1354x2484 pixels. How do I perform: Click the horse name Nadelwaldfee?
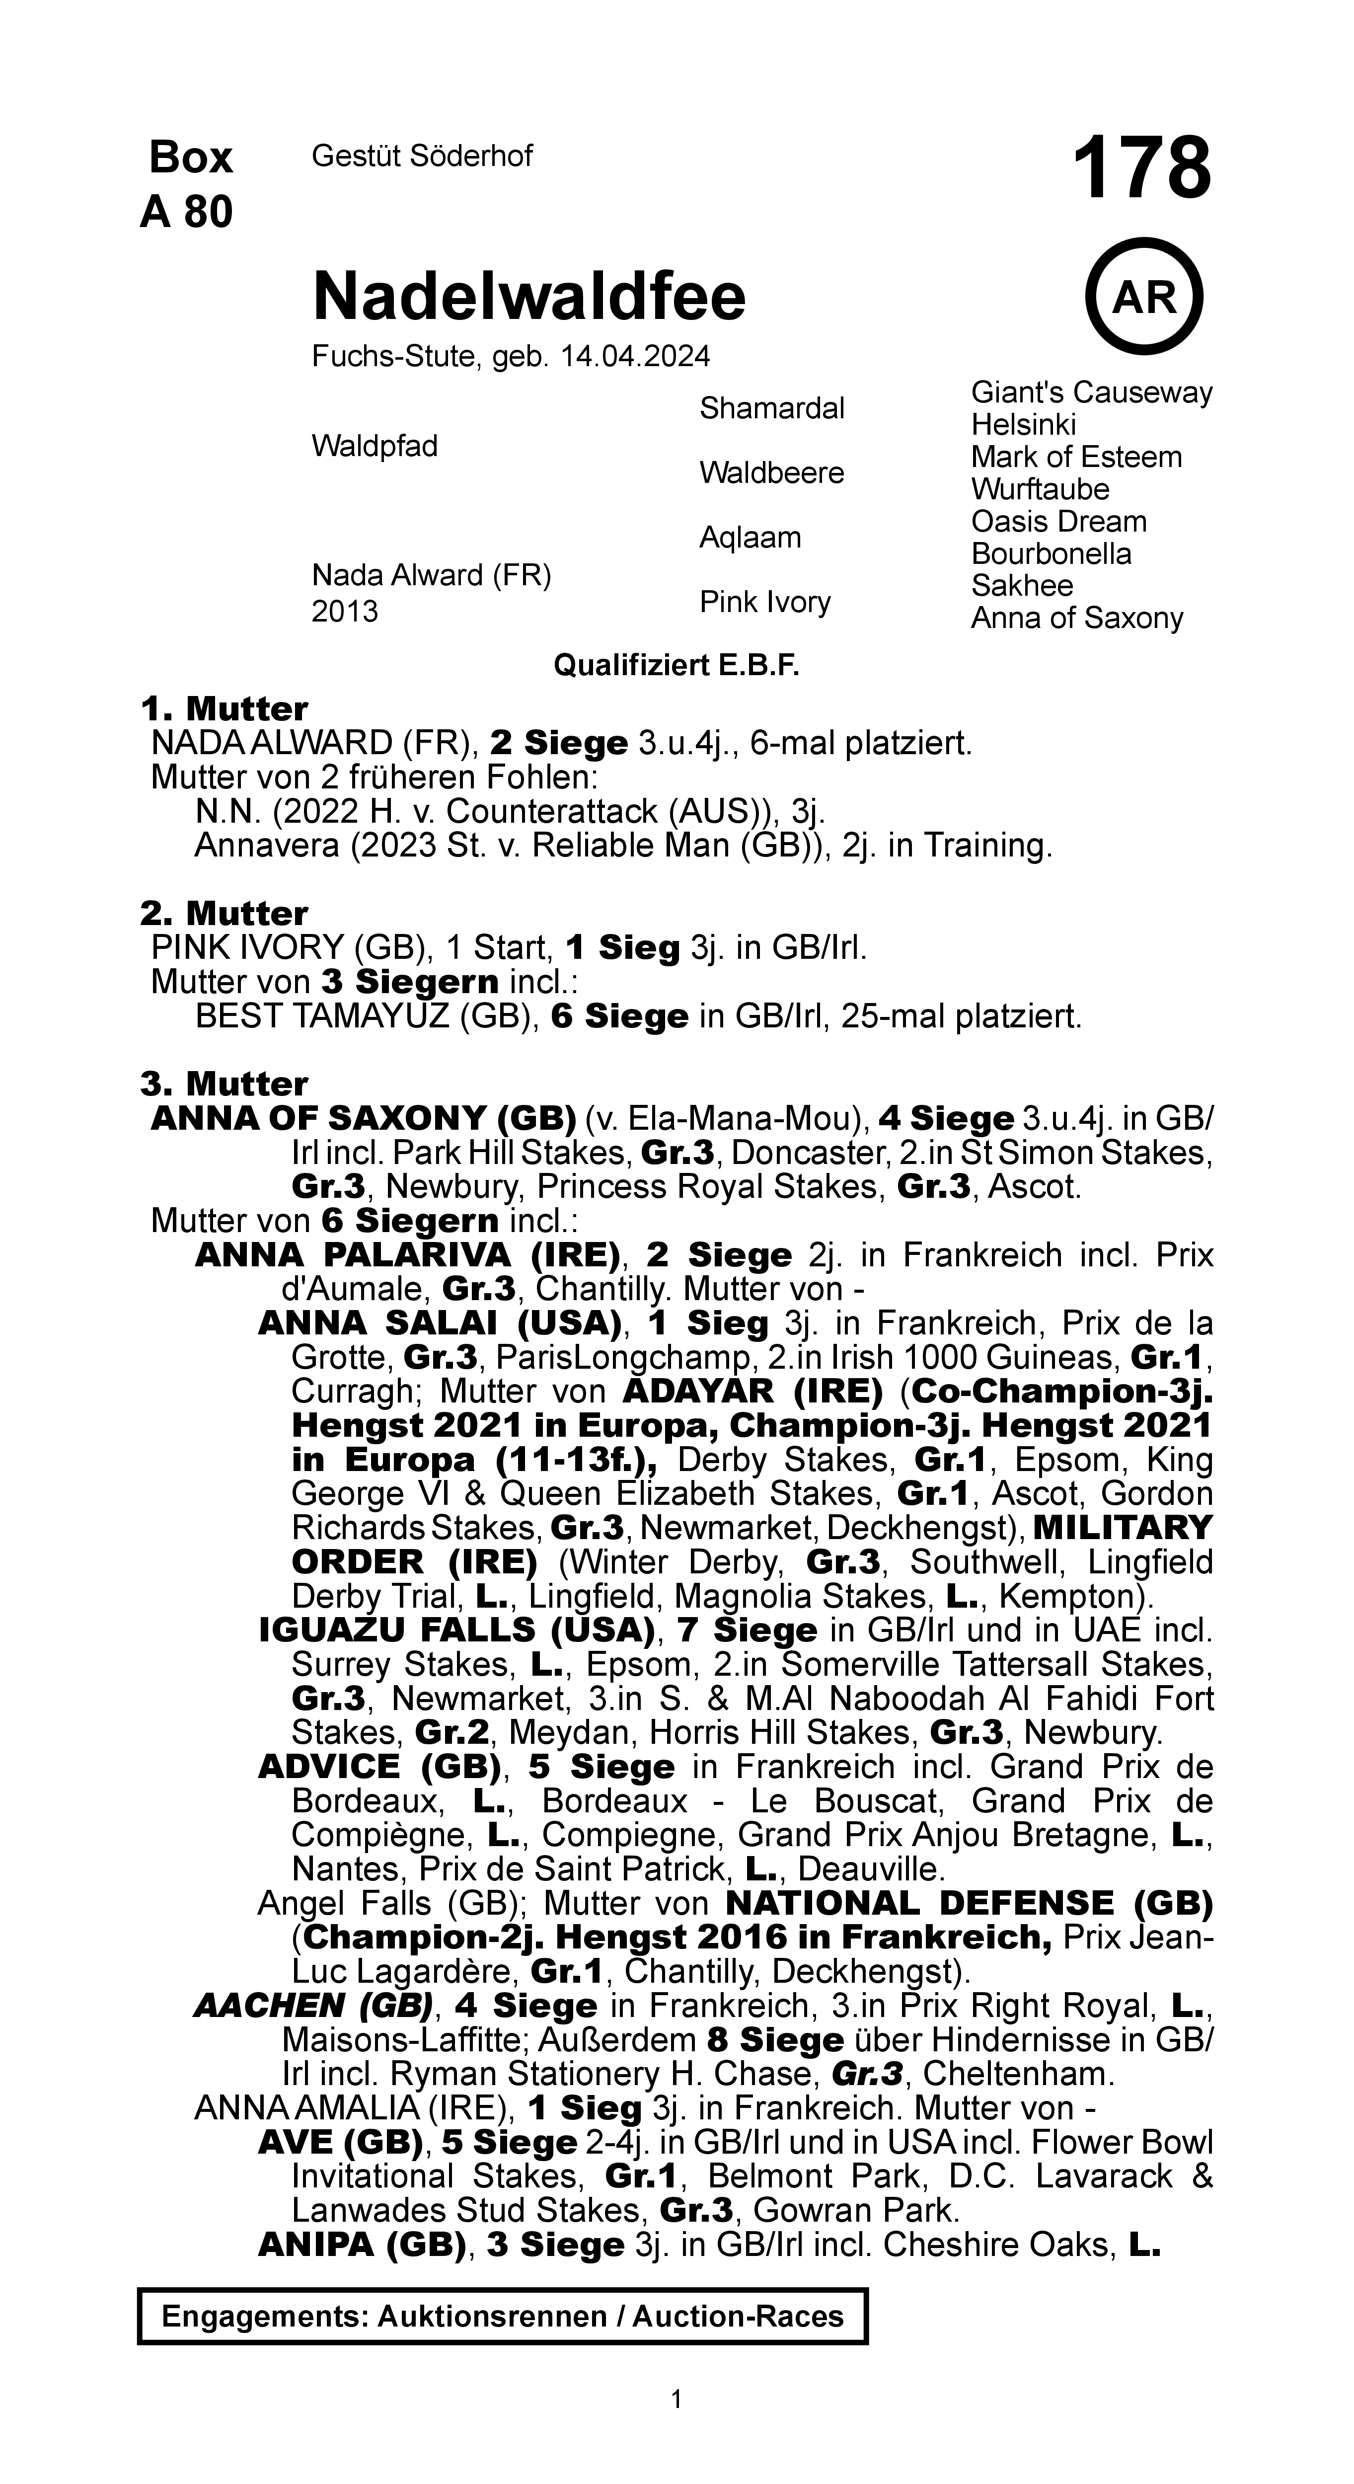(x=528, y=296)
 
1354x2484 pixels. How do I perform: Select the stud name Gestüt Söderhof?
(x=421, y=155)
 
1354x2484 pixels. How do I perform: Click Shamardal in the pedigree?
(x=771, y=408)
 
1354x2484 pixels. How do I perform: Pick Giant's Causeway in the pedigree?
(x=1091, y=392)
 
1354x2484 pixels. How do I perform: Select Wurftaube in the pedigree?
(x=1040, y=489)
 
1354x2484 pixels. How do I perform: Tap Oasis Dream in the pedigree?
(x=1058, y=522)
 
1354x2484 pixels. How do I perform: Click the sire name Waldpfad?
(x=374, y=446)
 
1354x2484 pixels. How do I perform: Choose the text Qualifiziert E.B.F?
(x=676, y=665)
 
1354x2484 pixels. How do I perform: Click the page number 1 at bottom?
(x=676, y=2398)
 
